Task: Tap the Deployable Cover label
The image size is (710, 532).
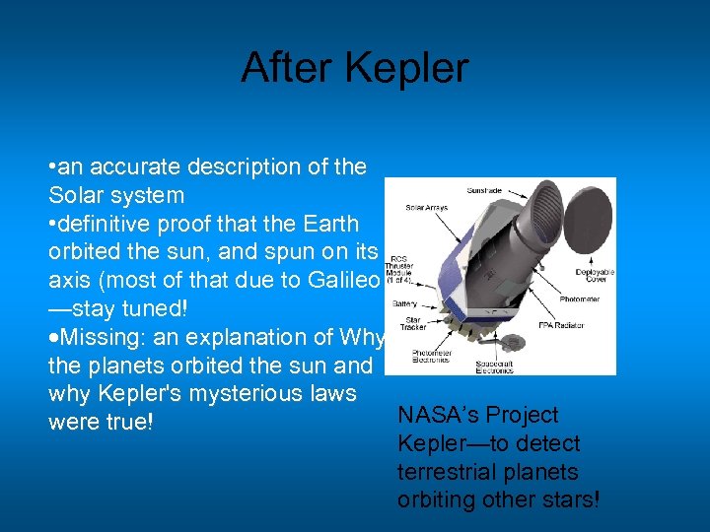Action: click(x=595, y=276)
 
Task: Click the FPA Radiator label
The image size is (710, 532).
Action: click(x=562, y=325)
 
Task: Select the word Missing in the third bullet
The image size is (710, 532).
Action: click(x=99, y=337)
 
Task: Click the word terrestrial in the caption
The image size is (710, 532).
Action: click(x=441, y=471)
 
